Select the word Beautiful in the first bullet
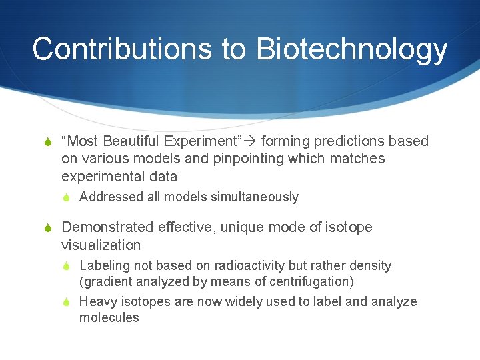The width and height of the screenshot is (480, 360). tap(130, 141)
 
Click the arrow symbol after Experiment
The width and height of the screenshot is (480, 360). tap(250, 141)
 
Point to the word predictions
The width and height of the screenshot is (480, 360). tap(350, 141)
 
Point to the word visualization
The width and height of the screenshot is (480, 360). tap(101, 245)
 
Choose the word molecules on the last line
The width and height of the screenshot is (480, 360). tap(109, 318)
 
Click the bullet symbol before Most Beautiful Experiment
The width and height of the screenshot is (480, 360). tap(46, 142)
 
